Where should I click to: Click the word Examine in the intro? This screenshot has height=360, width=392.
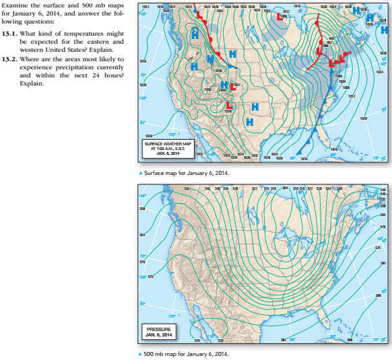click(16, 5)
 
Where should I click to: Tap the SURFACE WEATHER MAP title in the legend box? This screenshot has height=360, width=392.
click(168, 145)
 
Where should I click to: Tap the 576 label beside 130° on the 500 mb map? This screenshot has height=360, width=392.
click(151, 276)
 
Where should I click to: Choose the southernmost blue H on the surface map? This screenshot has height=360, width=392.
click(249, 122)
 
